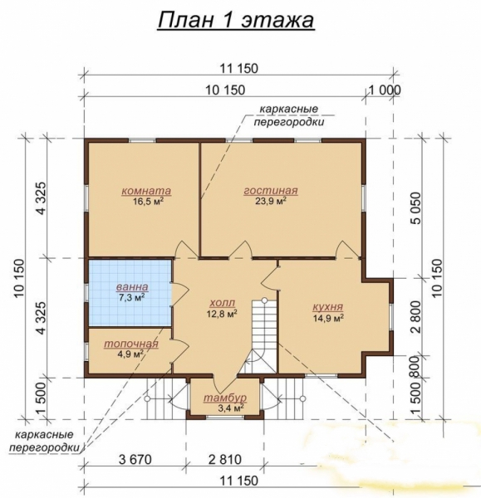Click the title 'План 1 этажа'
coord(236,20)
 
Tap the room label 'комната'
coord(146,191)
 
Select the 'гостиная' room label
coord(271,191)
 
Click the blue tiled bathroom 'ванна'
coord(130,292)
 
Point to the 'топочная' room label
coord(131,344)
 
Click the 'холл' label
coord(222,302)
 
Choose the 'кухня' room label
coord(328,307)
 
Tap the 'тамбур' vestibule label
coord(225,398)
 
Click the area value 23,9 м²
coord(271,201)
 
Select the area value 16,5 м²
coord(149,201)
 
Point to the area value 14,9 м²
coord(328,317)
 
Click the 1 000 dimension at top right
coord(384,90)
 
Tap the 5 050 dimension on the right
coord(415,208)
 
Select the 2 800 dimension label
coord(415,317)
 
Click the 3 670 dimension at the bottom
coord(135,459)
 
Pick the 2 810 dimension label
coord(225,459)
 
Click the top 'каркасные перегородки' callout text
coord(289,115)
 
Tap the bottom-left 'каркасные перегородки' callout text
coord(44,442)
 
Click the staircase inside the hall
coord(260,336)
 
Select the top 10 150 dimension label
coord(225,90)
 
